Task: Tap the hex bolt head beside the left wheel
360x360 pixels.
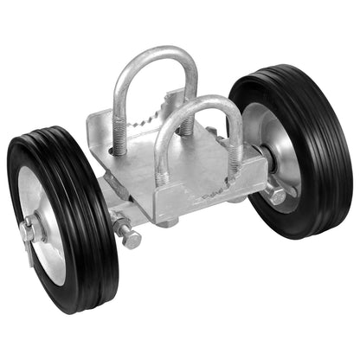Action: click(x=131, y=239)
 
